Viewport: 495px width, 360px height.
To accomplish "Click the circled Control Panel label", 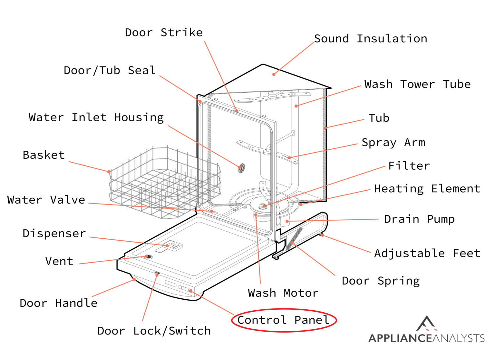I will (x=284, y=320).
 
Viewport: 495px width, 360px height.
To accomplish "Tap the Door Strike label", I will (x=164, y=33).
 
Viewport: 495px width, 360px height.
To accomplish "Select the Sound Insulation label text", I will (x=371, y=39).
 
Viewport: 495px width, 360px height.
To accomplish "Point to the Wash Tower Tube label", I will (x=417, y=84).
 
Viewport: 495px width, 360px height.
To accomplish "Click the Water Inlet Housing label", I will (x=96, y=117).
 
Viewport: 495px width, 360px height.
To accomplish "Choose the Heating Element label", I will (x=427, y=189).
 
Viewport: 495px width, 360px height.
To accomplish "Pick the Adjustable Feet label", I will (x=427, y=253).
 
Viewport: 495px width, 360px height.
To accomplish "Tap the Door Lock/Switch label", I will (x=154, y=331).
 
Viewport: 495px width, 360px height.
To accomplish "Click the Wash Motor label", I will (x=283, y=293).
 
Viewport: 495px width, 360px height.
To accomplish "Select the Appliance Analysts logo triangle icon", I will (x=426, y=324).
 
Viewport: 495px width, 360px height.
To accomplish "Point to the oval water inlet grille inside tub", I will (x=241, y=168).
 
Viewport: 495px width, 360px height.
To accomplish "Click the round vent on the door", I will (x=148, y=257).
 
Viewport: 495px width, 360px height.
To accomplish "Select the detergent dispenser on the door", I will (x=172, y=246).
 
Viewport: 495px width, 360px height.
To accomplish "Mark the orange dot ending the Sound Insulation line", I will (x=274, y=75).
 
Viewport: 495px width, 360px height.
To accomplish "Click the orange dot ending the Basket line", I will (x=109, y=172).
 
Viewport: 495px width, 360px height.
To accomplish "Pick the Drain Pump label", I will (x=419, y=219).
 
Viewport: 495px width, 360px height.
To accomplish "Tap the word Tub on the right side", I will (x=379, y=118).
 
